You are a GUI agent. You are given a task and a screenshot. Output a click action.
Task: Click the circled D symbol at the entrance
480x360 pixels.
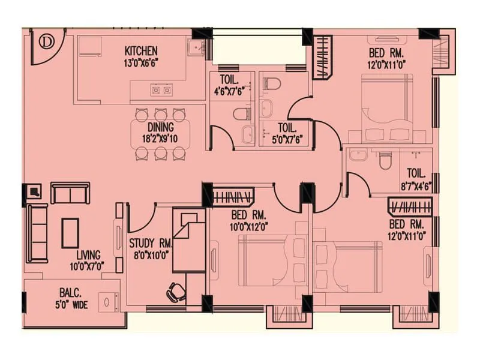(46, 42)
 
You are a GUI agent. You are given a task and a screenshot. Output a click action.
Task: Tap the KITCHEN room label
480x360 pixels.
(141, 51)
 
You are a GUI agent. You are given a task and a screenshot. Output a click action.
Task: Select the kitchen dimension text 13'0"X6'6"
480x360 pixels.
(141, 61)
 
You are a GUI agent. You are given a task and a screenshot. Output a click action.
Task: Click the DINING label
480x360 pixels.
(160, 128)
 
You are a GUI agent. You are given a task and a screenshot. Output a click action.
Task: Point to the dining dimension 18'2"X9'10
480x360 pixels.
(160, 138)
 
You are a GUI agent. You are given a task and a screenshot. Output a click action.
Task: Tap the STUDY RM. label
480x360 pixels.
(151, 244)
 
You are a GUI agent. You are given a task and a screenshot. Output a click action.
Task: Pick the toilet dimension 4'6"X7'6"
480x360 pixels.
(230, 92)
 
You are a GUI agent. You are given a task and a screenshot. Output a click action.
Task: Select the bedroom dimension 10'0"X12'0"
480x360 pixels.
(249, 226)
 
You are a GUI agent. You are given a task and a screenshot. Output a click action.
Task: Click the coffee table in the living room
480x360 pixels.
(70, 233)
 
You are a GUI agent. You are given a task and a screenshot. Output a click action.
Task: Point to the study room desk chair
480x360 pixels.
(176, 292)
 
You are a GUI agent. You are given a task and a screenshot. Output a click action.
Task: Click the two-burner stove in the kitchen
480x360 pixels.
(161, 91)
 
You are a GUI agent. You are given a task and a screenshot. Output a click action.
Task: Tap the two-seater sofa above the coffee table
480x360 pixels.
(70, 193)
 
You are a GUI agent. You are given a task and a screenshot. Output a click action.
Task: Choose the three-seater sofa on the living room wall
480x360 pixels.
(37, 233)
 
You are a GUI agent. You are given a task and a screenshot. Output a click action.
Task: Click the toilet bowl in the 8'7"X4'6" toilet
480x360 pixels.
(385, 160)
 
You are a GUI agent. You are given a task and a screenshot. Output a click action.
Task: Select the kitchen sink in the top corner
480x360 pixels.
(196, 48)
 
